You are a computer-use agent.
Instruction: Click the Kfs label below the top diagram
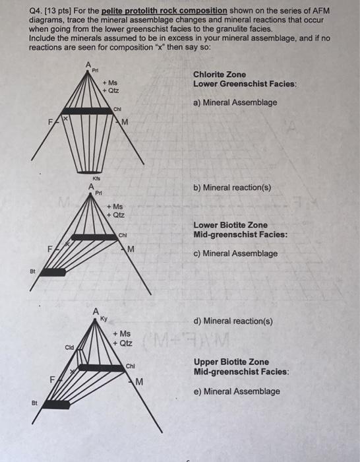96,178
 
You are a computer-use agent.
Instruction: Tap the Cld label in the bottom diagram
69,347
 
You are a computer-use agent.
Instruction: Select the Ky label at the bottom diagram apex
104,319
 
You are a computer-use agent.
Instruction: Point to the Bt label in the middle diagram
33,271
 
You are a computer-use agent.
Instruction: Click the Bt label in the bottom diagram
34,403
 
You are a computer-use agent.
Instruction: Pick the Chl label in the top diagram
117,109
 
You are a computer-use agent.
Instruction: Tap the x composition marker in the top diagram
66,118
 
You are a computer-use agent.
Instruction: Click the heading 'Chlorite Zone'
220,75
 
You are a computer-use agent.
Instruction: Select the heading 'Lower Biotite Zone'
231,225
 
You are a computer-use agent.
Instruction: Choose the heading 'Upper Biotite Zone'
231,362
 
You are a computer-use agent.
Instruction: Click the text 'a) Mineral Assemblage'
235,102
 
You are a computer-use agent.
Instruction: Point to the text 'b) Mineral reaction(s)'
232,187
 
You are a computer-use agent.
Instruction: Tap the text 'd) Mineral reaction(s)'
233,321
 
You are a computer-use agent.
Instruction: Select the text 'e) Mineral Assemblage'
237,391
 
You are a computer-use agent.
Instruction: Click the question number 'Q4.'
36,11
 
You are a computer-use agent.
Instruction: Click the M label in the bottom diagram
139,382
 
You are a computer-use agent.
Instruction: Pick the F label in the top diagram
51,121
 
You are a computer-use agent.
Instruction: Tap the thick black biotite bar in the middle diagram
53,272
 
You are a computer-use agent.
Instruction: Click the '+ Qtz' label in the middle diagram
115,214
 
